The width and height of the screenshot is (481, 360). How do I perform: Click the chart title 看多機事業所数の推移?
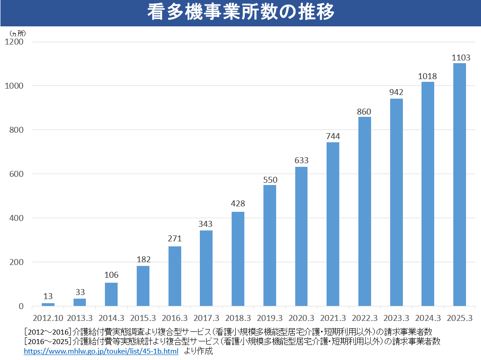(240, 13)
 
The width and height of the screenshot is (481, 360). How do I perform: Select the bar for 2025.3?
(460, 184)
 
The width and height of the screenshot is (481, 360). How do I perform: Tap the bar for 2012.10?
(48, 304)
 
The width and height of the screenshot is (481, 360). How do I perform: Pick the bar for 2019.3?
(270, 245)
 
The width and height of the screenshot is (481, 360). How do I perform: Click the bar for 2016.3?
(175, 276)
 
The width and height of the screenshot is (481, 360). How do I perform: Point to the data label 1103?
(460, 58)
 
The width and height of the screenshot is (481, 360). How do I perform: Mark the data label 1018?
(428, 76)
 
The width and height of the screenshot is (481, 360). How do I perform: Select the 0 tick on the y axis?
(21, 306)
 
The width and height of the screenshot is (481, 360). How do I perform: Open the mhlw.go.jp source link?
(101, 351)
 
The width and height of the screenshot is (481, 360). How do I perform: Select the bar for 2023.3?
(396, 202)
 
